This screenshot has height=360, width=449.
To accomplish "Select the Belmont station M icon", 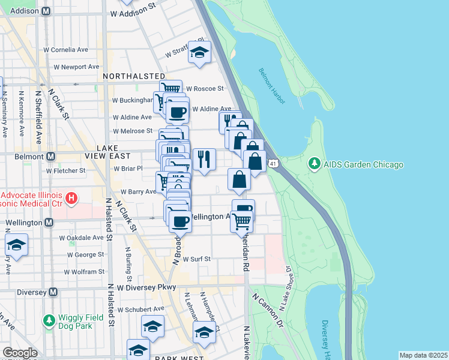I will (50, 156).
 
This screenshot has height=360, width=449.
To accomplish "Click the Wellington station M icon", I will (50, 223).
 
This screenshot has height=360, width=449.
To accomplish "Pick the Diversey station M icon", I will (53, 292).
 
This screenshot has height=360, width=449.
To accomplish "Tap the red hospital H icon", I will (71, 197).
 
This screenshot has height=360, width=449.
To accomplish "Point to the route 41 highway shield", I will (273, 163).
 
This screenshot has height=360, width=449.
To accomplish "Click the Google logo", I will (19, 353).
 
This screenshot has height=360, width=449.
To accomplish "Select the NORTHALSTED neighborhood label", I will (133, 76).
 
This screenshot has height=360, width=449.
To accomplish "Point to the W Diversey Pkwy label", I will (146, 287).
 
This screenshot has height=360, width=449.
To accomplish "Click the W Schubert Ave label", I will (140, 310).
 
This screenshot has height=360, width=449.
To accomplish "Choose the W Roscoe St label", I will (204, 88).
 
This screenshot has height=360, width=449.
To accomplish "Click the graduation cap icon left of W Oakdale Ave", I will (17, 245).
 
